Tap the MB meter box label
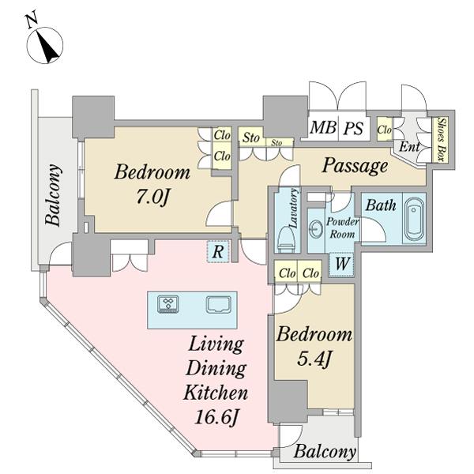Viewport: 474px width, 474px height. coord(323,127)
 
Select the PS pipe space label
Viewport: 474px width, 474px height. coord(353,128)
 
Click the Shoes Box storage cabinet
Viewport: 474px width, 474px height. coord(443,139)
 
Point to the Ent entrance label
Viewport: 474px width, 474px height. coord(409,147)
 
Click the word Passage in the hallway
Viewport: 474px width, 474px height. coord(355,166)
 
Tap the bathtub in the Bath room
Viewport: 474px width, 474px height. coord(414,219)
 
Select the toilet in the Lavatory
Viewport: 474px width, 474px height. coord(286,239)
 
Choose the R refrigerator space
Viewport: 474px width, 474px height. coord(218,251)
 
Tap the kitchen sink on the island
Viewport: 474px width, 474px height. coord(219,304)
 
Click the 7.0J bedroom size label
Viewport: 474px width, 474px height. coord(152,197)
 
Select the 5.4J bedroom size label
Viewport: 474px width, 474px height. coord(315,359)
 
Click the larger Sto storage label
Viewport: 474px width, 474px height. coord(251,137)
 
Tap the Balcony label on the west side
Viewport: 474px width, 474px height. coord(53,195)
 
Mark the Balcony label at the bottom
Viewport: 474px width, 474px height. coord(325,452)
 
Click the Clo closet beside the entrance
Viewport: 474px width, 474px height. coord(384,130)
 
